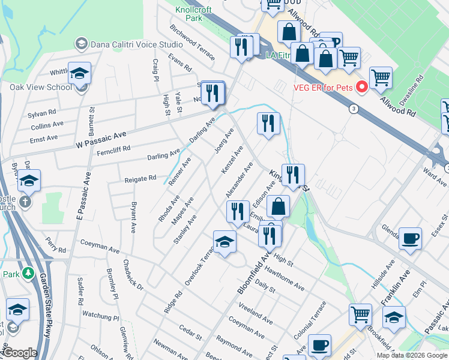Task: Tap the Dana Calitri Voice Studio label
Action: [x=137, y=44]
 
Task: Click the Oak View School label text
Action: [x=32, y=87]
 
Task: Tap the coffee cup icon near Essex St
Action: [x=410, y=238]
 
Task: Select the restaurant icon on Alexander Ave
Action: [x=238, y=211]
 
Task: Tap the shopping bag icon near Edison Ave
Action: [x=279, y=207]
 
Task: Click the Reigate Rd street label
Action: [x=140, y=179]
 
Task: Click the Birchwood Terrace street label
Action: [x=191, y=43]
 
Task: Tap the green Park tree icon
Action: [x=28, y=274]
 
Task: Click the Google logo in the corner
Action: [x=19, y=352]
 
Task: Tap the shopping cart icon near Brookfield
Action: [x=360, y=314]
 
